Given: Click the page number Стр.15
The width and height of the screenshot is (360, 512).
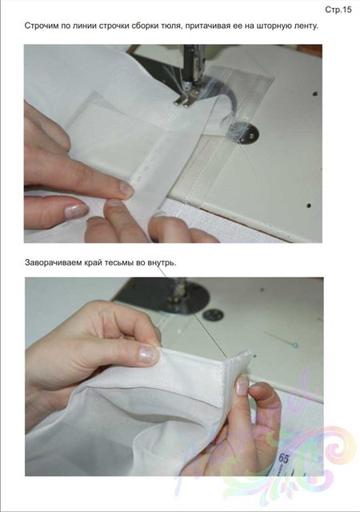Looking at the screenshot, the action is (x=338, y=10).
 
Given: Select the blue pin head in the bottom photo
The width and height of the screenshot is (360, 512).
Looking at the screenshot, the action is (x=295, y=345).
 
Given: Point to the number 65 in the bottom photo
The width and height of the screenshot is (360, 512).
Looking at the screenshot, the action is (x=283, y=458).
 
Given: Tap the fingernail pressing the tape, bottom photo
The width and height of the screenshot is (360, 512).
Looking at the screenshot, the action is (x=242, y=386).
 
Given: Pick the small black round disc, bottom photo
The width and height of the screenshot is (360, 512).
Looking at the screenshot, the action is (x=213, y=314).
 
